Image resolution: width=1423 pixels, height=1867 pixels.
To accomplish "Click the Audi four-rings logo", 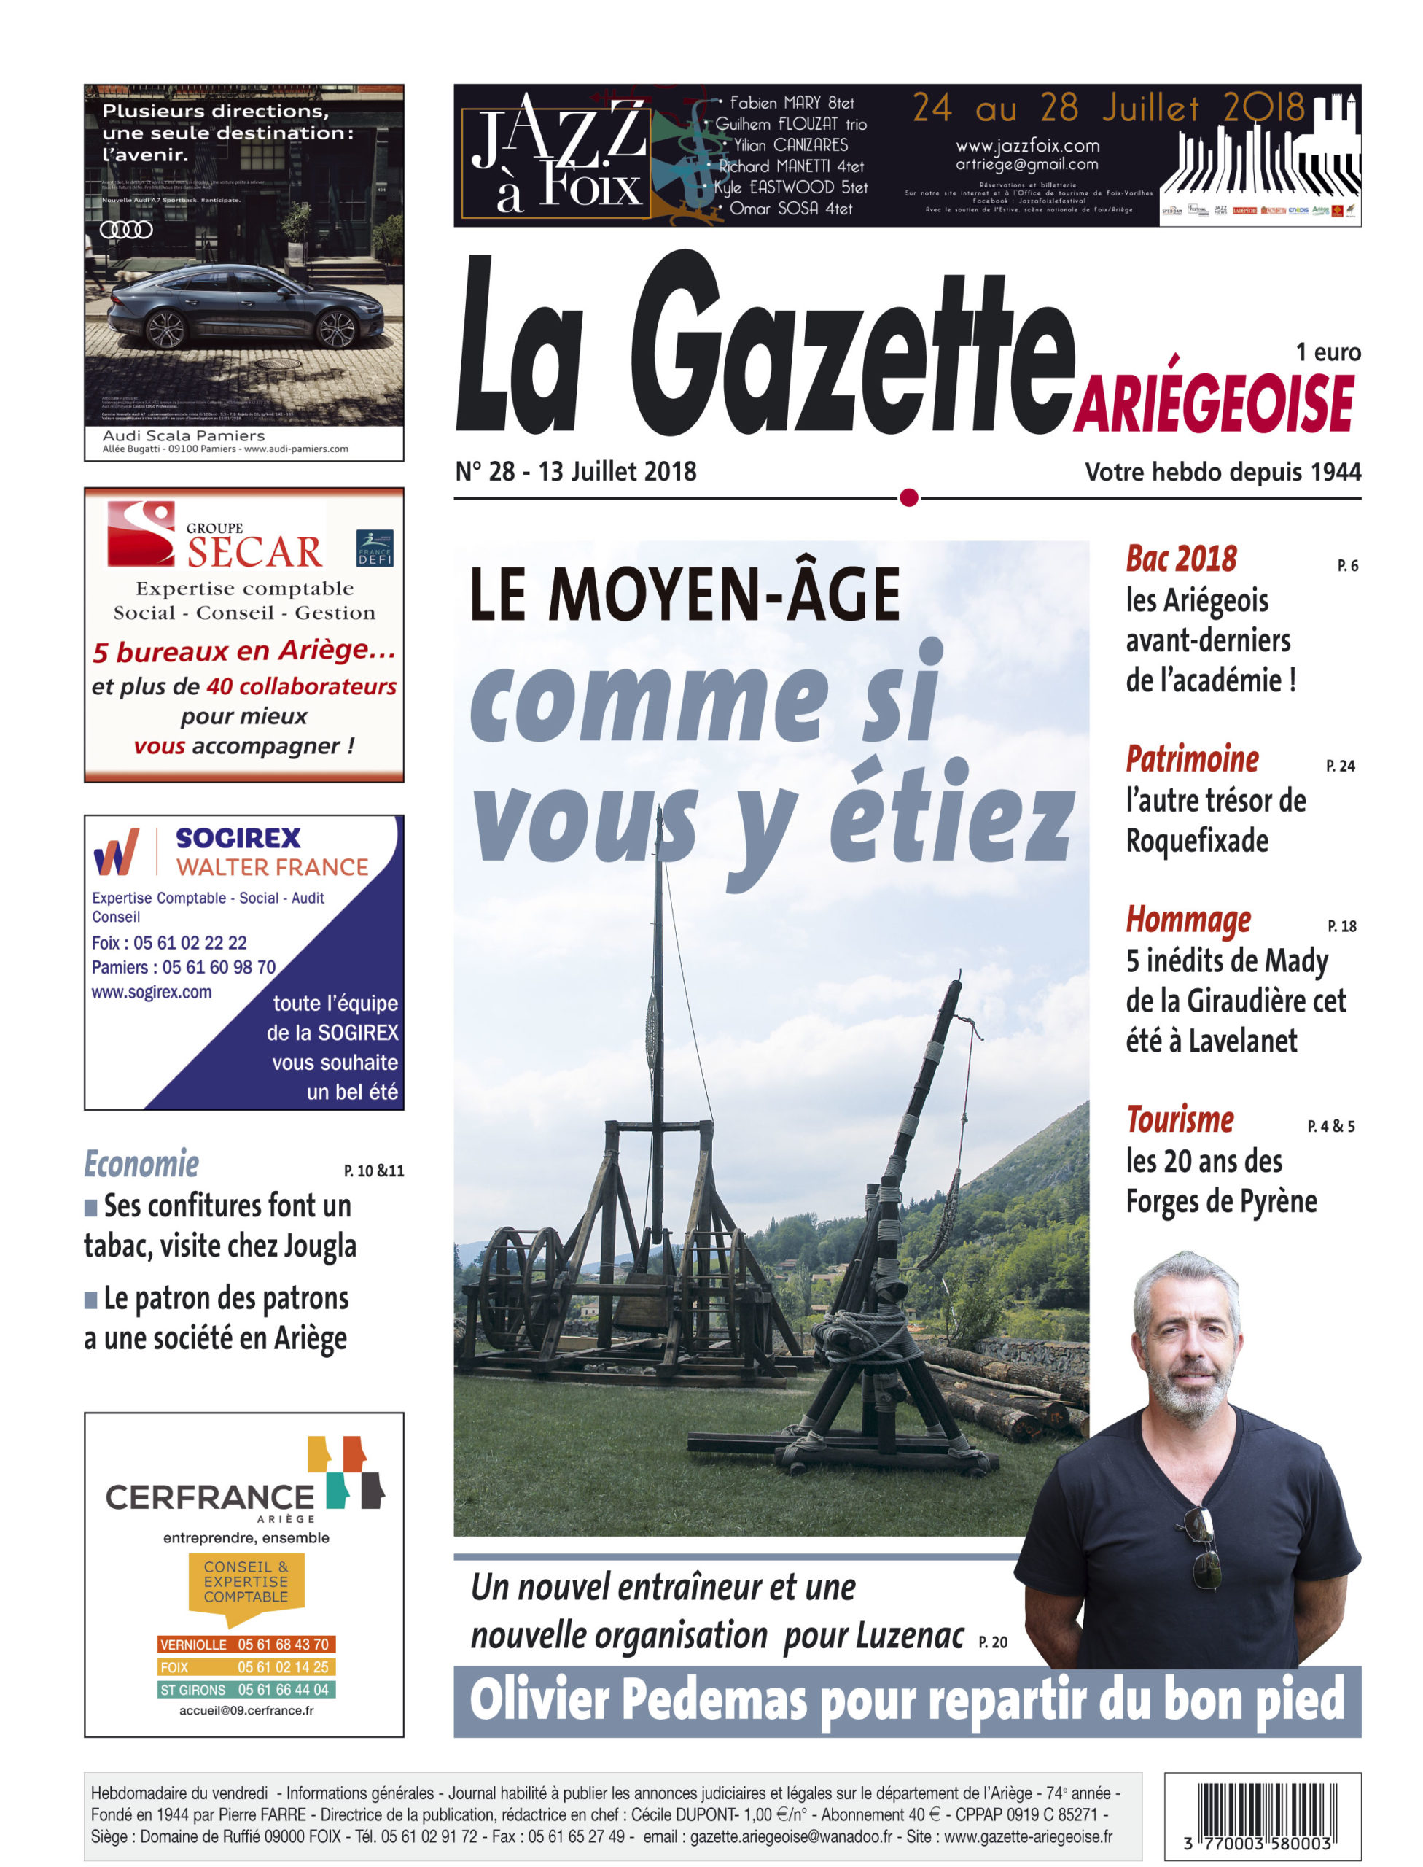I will (x=126, y=230).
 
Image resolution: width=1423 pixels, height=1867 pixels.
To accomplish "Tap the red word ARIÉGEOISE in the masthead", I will (x=1213, y=405).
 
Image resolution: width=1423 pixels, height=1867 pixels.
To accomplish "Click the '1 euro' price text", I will (x=1328, y=352).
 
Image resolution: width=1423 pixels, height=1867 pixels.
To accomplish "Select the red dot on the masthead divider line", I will (x=908, y=497).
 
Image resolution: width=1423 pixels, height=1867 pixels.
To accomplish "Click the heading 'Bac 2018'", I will (x=1181, y=559).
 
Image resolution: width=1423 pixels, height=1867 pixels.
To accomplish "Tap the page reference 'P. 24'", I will (x=1340, y=766).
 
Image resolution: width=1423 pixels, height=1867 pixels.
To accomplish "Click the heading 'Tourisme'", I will (x=1180, y=1120).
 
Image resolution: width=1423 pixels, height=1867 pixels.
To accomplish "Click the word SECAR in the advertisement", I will (x=254, y=553).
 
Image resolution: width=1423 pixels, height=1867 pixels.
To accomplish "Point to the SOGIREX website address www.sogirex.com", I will (x=152, y=992).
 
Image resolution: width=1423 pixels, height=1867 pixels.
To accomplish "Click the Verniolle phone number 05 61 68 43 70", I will (x=283, y=1644).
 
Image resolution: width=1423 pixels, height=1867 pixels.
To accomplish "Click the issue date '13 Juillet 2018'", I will (x=617, y=471).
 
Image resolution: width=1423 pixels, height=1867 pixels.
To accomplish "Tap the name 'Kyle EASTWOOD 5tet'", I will (x=791, y=187).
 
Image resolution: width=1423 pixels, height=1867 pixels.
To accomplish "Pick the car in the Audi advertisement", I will (x=246, y=309).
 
